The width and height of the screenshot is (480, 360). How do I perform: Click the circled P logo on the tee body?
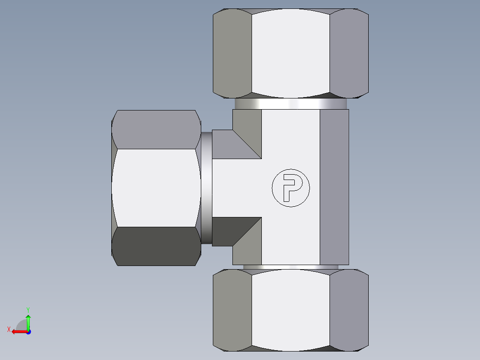tap(290, 188)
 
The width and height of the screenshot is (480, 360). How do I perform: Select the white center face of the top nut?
tap(290, 53)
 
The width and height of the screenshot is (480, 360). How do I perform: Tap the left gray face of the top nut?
tap(232, 53)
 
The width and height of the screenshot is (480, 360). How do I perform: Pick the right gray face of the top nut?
tap(349, 53)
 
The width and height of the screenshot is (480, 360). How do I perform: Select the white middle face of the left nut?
tap(155, 188)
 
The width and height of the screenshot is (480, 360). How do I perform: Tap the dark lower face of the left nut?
tap(155, 246)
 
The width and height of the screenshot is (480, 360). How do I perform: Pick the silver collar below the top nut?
tap(290, 104)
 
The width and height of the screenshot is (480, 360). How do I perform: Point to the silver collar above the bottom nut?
tap(290, 267)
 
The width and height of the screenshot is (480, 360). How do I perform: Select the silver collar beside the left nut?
tap(206, 188)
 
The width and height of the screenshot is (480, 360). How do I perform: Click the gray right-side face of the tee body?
tap(334, 188)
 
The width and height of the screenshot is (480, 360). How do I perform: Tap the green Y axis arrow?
tap(28, 320)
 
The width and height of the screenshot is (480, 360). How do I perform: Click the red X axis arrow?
tap(18, 331)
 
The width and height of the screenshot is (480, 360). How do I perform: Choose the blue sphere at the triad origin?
tap(28, 331)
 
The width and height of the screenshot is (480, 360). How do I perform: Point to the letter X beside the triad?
tap(9, 330)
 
